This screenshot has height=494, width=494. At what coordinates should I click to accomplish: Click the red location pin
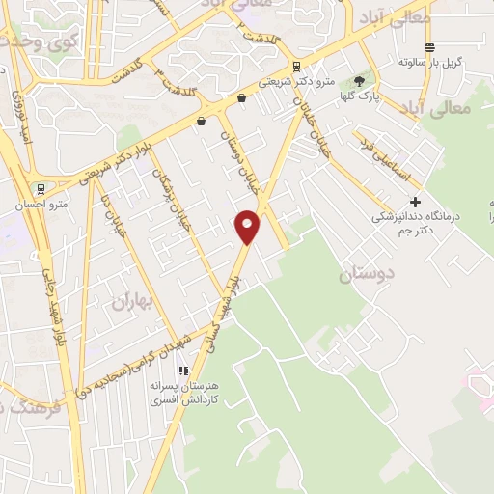(248, 226)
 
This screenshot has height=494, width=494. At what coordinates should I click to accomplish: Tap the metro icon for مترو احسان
(40, 189)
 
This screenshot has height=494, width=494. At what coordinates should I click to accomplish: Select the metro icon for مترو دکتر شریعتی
(295, 67)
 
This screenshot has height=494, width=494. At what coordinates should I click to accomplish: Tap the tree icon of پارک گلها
(359, 81)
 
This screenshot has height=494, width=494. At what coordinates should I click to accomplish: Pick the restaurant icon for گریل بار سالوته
(429, 47)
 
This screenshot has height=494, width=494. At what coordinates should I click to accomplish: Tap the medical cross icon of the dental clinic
(415, 202)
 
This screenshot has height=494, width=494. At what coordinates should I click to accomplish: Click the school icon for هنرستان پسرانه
(183, 370)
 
